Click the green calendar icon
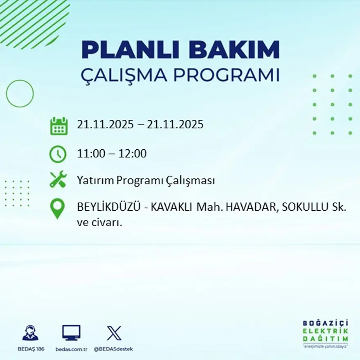coord(59,126)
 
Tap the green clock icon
coord(58,154)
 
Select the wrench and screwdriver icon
coord(58,180)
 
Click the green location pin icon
coord(57,208)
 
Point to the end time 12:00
coord(133,154)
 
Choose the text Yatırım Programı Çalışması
coord(146,180)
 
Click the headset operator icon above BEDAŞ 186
coord(30,333)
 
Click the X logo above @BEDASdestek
coord(114,333)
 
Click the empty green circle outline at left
coord(20,94)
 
